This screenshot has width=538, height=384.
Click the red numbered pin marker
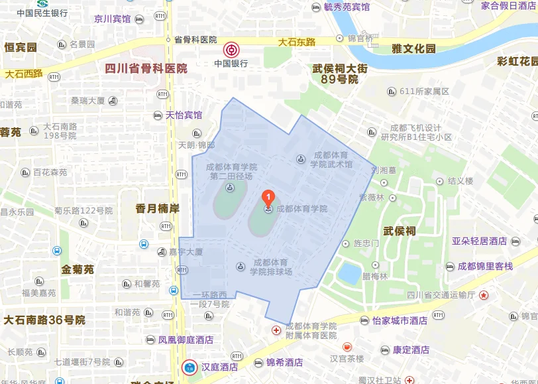[268, 197]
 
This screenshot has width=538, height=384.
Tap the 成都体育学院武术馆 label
[331, 159]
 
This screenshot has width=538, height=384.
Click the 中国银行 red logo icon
[231, 49]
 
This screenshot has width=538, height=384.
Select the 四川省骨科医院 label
[146, 68]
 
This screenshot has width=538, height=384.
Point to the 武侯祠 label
[400, 231]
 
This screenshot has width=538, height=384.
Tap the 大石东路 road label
[297, 42]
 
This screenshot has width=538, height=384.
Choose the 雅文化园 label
[414, 48]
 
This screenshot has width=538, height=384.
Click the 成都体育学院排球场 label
[270, 267]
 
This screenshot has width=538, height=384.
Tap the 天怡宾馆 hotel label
[184, 115]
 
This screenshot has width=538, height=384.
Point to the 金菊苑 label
[78, 270]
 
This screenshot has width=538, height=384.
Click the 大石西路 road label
[24, 74]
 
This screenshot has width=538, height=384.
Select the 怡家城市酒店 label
[400, 320]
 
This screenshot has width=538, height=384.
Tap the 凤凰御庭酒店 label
[186, 340]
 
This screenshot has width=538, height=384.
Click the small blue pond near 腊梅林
[349, 273]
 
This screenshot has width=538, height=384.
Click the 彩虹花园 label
[517, 62]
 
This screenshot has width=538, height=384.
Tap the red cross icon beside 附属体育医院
[276, 330]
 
